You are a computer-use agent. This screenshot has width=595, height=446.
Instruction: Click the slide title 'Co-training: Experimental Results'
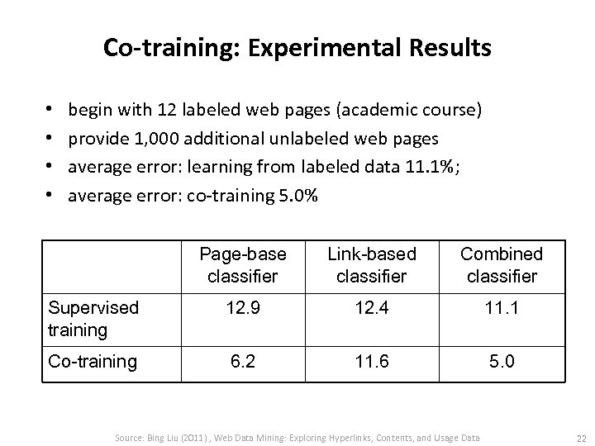[x=297, y=47]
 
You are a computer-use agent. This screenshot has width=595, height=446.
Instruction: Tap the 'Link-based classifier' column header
[x=372, y=264]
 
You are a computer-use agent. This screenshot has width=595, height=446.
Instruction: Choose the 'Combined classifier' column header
[x=501, y=264]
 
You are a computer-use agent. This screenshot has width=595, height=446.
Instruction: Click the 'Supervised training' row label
[x=93, y=320]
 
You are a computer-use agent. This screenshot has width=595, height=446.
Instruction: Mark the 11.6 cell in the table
[x=372, y=362]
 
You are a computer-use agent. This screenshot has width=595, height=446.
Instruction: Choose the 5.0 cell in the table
[x=501, y=362]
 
